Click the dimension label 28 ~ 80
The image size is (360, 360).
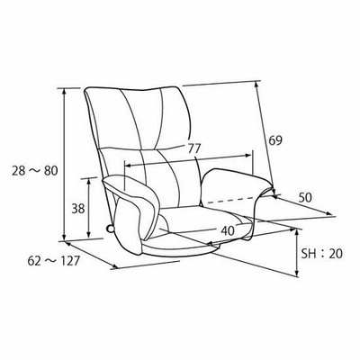[34, 171]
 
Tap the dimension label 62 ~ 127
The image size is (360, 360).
[53, 261]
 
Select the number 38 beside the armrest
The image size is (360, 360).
[78, 209]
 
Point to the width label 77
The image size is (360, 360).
[193, 148]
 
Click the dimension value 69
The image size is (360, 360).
[275, 140]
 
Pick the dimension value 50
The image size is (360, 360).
[305, 197]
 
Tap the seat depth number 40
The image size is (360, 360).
[228, 230]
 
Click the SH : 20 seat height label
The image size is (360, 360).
[321, 254]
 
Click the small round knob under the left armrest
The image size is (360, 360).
[110, 229]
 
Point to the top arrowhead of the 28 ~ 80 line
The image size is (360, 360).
[64, 91]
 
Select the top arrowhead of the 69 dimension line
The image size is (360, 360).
[256, 85]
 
